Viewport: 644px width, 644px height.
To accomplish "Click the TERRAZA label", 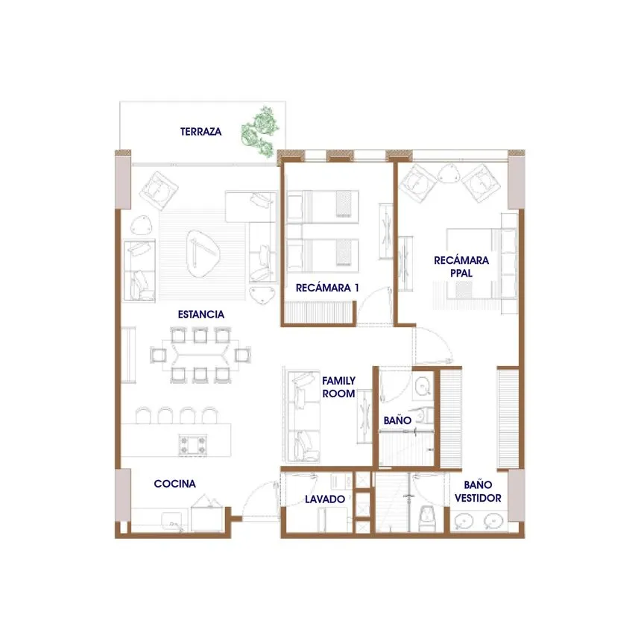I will tap(201, 131).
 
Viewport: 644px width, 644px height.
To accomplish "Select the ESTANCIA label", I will tap(201, 314).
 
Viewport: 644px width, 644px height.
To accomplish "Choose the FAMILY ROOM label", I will tap(338, 386).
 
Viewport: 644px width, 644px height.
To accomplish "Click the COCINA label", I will tap(175, 484).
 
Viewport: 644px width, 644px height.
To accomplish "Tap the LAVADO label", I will tap(325, 499).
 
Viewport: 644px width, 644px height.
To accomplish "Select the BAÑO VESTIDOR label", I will tap(478, 490).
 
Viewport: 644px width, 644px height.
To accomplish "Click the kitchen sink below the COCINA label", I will tap(171, 520).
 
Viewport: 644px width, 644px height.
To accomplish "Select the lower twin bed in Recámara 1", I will tap(320, 253).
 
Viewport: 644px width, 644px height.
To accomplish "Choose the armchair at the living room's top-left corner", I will tap(160, 189).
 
